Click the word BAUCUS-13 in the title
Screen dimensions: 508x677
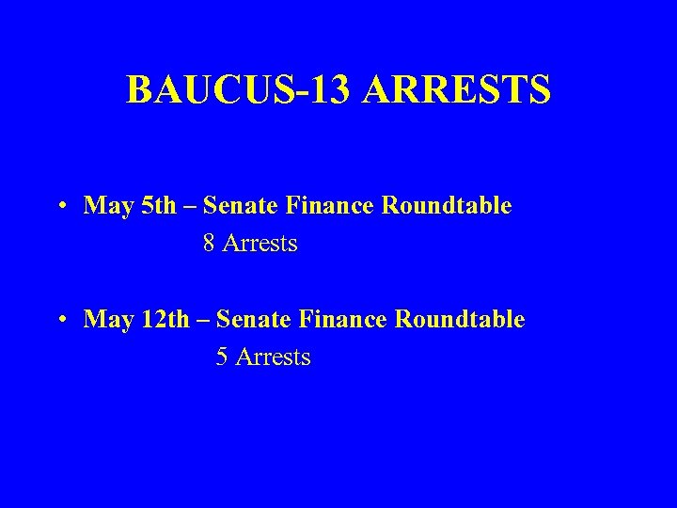(236, 90)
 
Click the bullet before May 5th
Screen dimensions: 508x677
(59, 206)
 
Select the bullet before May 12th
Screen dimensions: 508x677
(59, 320)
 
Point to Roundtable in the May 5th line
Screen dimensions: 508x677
(452, 206)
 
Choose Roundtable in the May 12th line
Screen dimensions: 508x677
(465, 320)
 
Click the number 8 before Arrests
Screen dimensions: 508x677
(209, 244)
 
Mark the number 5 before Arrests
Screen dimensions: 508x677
(222, 357)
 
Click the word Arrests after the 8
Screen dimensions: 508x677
(260, 244)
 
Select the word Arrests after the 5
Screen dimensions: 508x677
(274, 357)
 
